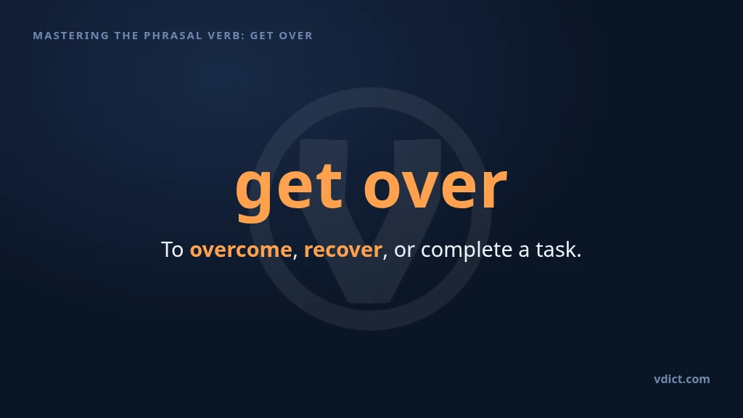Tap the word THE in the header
[x=126, y=36]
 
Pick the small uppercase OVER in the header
[x=296, y=36]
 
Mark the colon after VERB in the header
[x=243, y=36]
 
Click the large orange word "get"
[x=289, y=189]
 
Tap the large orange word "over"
[x=435, y=187]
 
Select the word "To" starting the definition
[x=172, y=250]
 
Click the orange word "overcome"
[x=241, y=250]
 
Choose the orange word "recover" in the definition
[x=343, y=250]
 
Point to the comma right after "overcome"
[x=295, y=256]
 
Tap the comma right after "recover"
[x=385, y=256]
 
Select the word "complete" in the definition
[x=467, y=250]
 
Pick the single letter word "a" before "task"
[x=524, y=251]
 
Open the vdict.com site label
[x=682, y=379]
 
